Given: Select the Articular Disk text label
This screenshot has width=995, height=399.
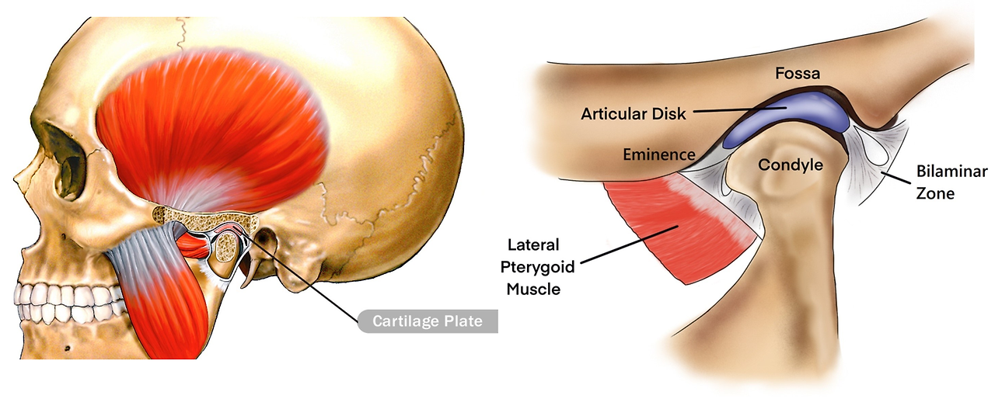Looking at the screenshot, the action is (x=634, y=113).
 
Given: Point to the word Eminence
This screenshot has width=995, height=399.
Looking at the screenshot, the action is (x=659, y=154).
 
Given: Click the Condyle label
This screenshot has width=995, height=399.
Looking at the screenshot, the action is (x=790, y=165).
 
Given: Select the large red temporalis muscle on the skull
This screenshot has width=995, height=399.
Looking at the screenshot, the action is (x=210, y=124).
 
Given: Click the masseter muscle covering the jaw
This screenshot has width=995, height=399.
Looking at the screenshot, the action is (x=159, y=279).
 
